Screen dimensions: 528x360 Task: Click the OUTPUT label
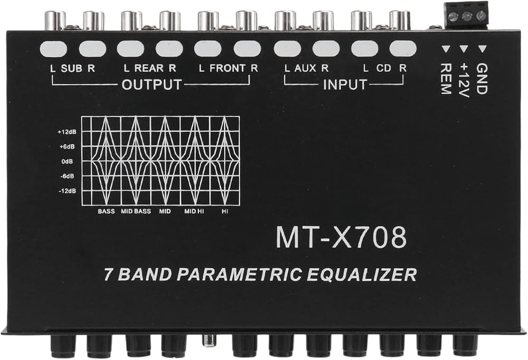point(151,84)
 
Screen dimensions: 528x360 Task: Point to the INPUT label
point(344,84)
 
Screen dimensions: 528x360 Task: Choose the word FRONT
point(227,68)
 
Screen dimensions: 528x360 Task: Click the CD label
point(384,68)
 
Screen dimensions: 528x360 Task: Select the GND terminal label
point(481,79)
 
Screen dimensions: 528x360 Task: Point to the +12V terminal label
point(464,79)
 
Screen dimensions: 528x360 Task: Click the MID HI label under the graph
point(194,211)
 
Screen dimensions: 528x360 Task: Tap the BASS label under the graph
point(106,211)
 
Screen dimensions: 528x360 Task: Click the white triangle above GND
point(482,50)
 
